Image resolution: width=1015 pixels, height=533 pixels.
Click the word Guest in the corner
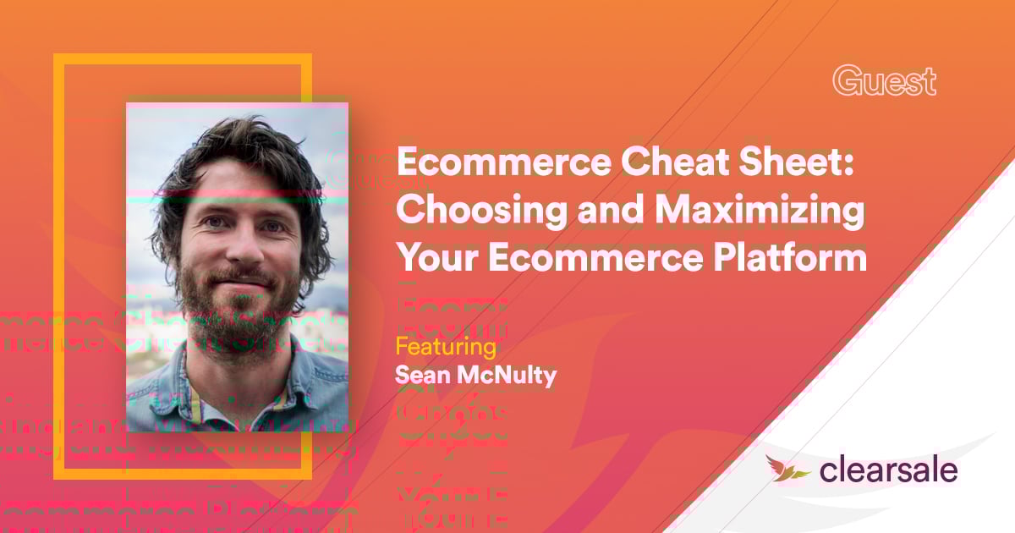point(884,81)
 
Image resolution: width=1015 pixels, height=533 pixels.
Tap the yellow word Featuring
point(445,348)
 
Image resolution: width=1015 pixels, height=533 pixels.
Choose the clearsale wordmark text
point(887,470)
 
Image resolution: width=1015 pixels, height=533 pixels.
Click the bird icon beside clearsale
point(787,468)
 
